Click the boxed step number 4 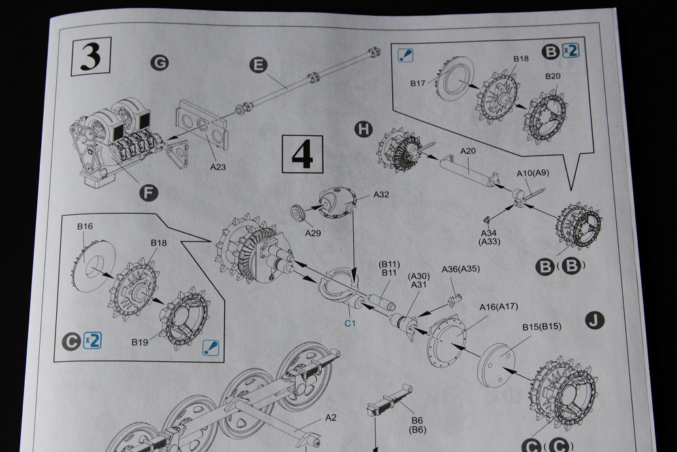coord(302,154)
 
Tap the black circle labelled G coord(159,63)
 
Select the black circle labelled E coord(259,64)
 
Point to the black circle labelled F coord(150,192)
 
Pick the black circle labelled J coord(595,320)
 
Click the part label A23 coord(218,167)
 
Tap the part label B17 coord(418,84)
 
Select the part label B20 coord(553,76)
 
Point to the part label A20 coord(468,151)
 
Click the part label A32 coord(381,194)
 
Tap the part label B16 coord(85,227)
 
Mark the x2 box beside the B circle coord(570,50)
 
